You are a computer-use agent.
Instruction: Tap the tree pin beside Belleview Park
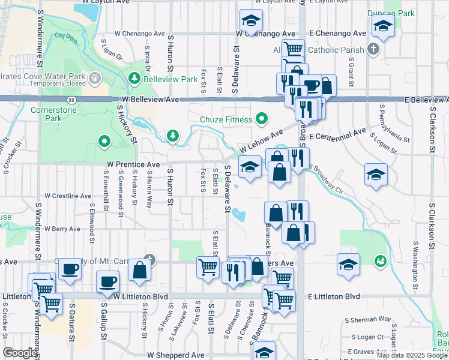[x=134, y=78]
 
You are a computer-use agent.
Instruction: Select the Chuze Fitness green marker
[x=261, y=119]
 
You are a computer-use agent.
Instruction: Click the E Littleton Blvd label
[x=334, y=296]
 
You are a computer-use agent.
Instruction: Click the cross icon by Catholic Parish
[x=373, y=48]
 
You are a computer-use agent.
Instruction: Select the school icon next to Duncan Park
[x=382, y=26]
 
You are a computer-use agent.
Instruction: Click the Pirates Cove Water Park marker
[x=94, y=78]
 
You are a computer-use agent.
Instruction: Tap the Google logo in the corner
[x=20, y=353]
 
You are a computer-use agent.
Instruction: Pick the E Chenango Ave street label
[x=337, y=34]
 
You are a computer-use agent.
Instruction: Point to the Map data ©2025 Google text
[x=412, y=355]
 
